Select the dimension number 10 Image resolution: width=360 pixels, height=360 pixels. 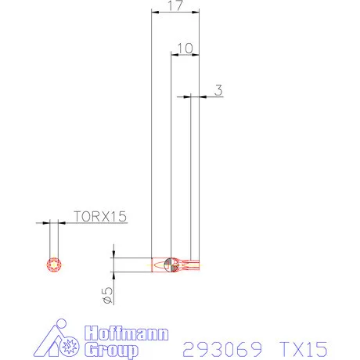pyautogui.click(x=185, y=49)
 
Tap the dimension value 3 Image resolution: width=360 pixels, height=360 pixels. pyautogui.click(x=218, y=90)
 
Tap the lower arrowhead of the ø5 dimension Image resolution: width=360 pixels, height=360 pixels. pyautogui.click(x=114, y=275)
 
